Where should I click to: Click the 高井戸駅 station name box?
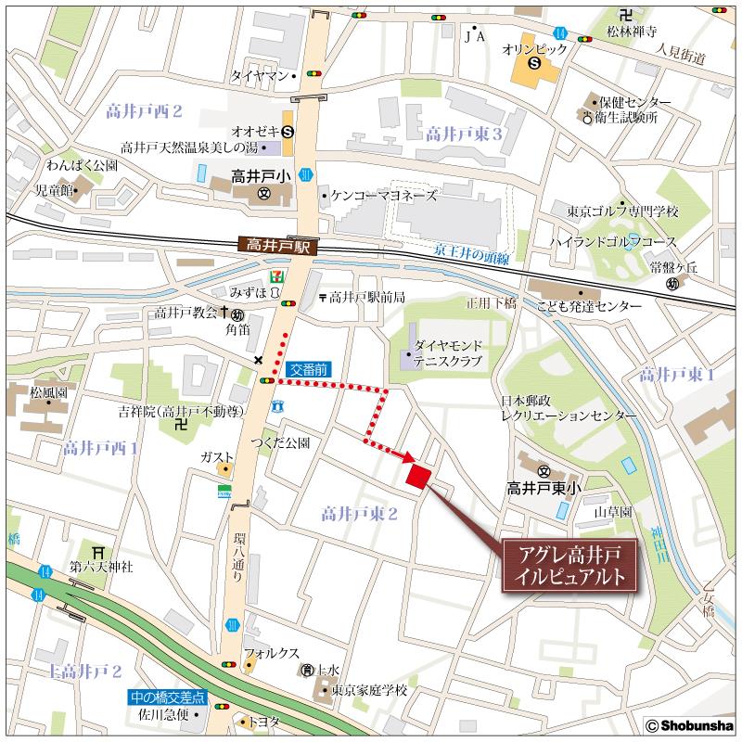click(278, 246)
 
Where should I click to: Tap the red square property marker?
click(418, 475)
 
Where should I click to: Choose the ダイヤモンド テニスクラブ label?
click(449, 352)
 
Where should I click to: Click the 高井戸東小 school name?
click(544, 486)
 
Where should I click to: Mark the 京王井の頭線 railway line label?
click(473, 252)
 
